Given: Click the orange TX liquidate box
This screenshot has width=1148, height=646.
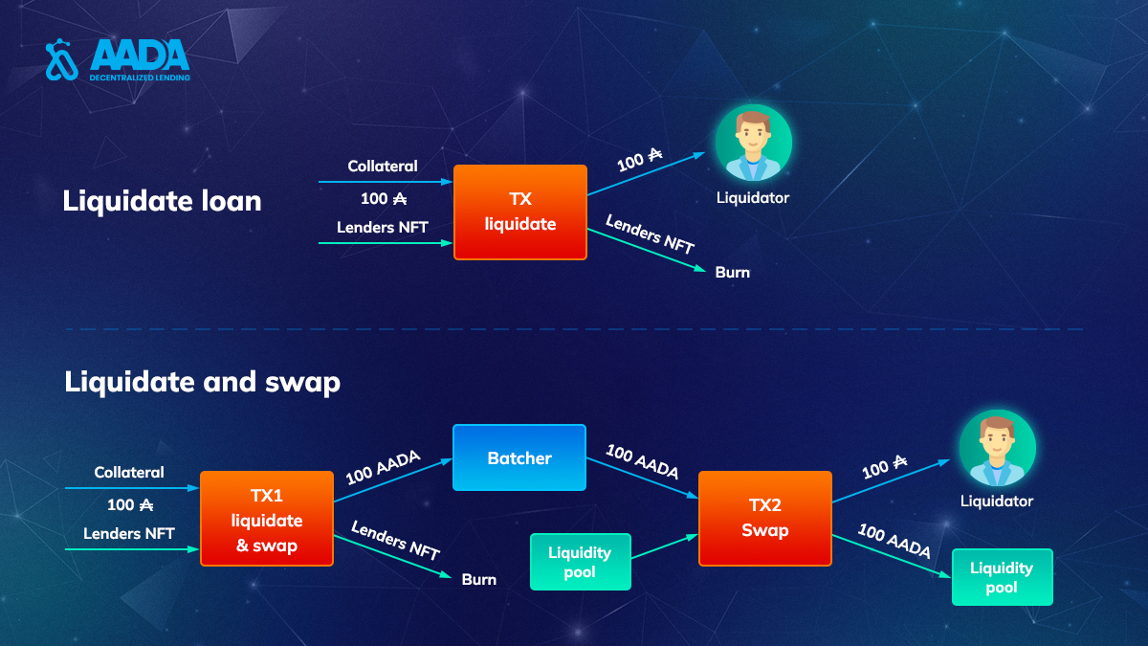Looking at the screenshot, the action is tap(520, 212).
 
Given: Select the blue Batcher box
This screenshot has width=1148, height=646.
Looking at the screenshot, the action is tap(519, 457).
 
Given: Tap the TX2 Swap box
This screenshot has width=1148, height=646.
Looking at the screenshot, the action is tap(765, 519).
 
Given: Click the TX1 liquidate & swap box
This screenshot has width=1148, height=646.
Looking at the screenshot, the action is tap(267, 519).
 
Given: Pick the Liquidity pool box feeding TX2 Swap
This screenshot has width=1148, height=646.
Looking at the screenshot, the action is tap(580, 562).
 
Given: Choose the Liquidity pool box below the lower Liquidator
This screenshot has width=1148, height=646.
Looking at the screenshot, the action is tap(1002, 577).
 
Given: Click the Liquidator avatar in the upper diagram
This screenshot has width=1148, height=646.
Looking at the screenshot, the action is tap(754, 143).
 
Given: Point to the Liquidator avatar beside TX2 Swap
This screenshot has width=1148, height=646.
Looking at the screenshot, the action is tap(997, 448).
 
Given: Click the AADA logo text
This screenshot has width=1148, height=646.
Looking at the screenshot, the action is tap(140, 55).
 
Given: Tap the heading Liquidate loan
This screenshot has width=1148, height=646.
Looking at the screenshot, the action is tap(162, 200).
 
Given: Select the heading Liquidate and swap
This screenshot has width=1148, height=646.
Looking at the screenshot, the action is tap(203, 382).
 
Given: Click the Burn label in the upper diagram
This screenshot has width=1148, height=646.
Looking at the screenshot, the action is tap(733, 272).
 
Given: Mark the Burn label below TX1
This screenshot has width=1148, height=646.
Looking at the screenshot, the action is tap(479, 579).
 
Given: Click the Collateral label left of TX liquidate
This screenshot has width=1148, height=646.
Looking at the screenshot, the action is tap(383, 167).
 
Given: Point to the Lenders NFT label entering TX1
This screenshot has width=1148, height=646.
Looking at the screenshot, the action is tap(128, 534).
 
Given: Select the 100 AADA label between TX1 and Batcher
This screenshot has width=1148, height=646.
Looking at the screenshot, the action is tap(383, 468).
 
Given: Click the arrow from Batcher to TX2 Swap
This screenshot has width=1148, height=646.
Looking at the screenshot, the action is tap(642, 478).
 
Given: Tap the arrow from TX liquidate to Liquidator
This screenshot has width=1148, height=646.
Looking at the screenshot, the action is tap(647, 174).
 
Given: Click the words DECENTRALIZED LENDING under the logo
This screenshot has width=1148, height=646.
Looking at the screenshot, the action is tap(140, 78).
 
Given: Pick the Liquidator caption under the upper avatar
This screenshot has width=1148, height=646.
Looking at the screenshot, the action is tap(752, 198).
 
